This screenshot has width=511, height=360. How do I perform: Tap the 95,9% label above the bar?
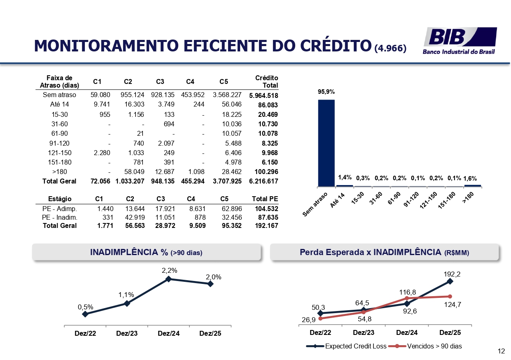[326, 92]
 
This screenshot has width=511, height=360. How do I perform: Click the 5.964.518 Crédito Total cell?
[264, 95]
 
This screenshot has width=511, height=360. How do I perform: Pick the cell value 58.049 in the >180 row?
[135, 172]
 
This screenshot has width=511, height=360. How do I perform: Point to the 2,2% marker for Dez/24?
[168, 279]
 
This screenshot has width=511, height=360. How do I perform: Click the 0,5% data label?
[86, 307]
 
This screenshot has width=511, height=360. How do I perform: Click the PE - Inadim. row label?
[60, 217]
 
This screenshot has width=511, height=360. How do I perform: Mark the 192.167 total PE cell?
[266, 225]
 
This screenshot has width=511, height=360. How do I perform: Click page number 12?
[501, 351]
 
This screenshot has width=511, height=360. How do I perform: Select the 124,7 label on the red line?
[453, 305]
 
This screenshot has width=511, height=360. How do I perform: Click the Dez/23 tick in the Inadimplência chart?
[127, 334]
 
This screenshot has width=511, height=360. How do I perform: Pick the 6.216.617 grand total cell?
[264, 181]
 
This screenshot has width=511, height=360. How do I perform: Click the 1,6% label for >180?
[470, 179]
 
